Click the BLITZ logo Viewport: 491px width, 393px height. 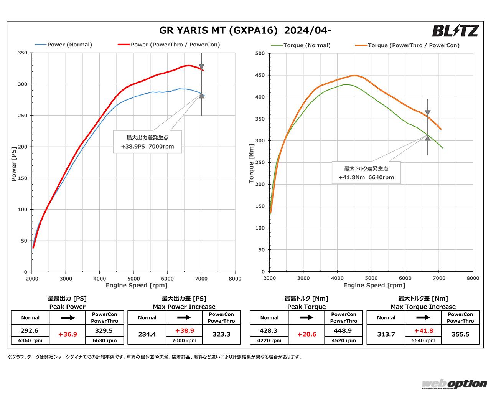click(x=455, y=30)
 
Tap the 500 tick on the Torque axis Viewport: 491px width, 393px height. click(x=260, y=53)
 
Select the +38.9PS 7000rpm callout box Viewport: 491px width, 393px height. click(x=147, y=142)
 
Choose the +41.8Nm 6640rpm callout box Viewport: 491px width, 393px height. click(x=366, y=173)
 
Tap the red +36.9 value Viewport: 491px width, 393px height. click(x=68, y=334)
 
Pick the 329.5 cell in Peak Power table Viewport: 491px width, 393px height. click(x=104, y=330)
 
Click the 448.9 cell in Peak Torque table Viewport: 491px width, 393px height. click(x=343, y=330)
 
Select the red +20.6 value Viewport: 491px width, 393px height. click(x=306, y=334)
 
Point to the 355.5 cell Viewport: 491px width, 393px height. click(x=460, y=334)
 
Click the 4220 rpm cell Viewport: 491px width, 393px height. click(x=269, y=340)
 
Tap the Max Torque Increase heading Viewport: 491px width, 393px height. click(x=423, y=307)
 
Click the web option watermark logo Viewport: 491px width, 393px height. click(x=454, y=384)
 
